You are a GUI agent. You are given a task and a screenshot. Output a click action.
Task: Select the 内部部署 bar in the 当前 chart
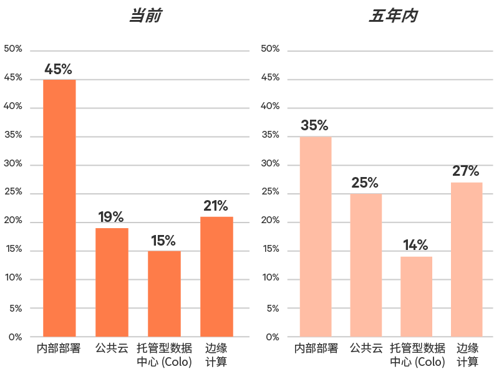59,208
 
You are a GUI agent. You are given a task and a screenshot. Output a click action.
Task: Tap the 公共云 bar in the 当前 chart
112,282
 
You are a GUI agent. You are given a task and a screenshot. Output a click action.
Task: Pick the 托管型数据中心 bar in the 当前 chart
164,294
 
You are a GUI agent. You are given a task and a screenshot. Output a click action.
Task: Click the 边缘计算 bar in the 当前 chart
216,277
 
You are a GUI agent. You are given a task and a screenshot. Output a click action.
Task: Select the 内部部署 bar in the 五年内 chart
316,237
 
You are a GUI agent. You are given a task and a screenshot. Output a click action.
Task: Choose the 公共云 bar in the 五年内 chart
366,266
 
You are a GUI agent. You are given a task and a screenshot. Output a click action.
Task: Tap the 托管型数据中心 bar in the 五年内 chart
416,297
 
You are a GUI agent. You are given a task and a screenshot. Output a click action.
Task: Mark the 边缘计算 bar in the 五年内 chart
467,259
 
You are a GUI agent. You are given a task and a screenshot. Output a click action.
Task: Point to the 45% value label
58,69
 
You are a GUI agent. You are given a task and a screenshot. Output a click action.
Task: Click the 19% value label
111,218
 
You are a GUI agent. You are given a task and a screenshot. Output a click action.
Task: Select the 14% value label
415,245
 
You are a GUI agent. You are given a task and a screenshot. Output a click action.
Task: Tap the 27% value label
466,171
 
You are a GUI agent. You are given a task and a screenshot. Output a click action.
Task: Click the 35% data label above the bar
314,125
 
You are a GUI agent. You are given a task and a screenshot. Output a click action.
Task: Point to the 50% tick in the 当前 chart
13,49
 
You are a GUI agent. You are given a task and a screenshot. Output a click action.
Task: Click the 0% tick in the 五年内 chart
273,337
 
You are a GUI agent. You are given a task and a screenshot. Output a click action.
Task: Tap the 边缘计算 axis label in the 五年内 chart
467,355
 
